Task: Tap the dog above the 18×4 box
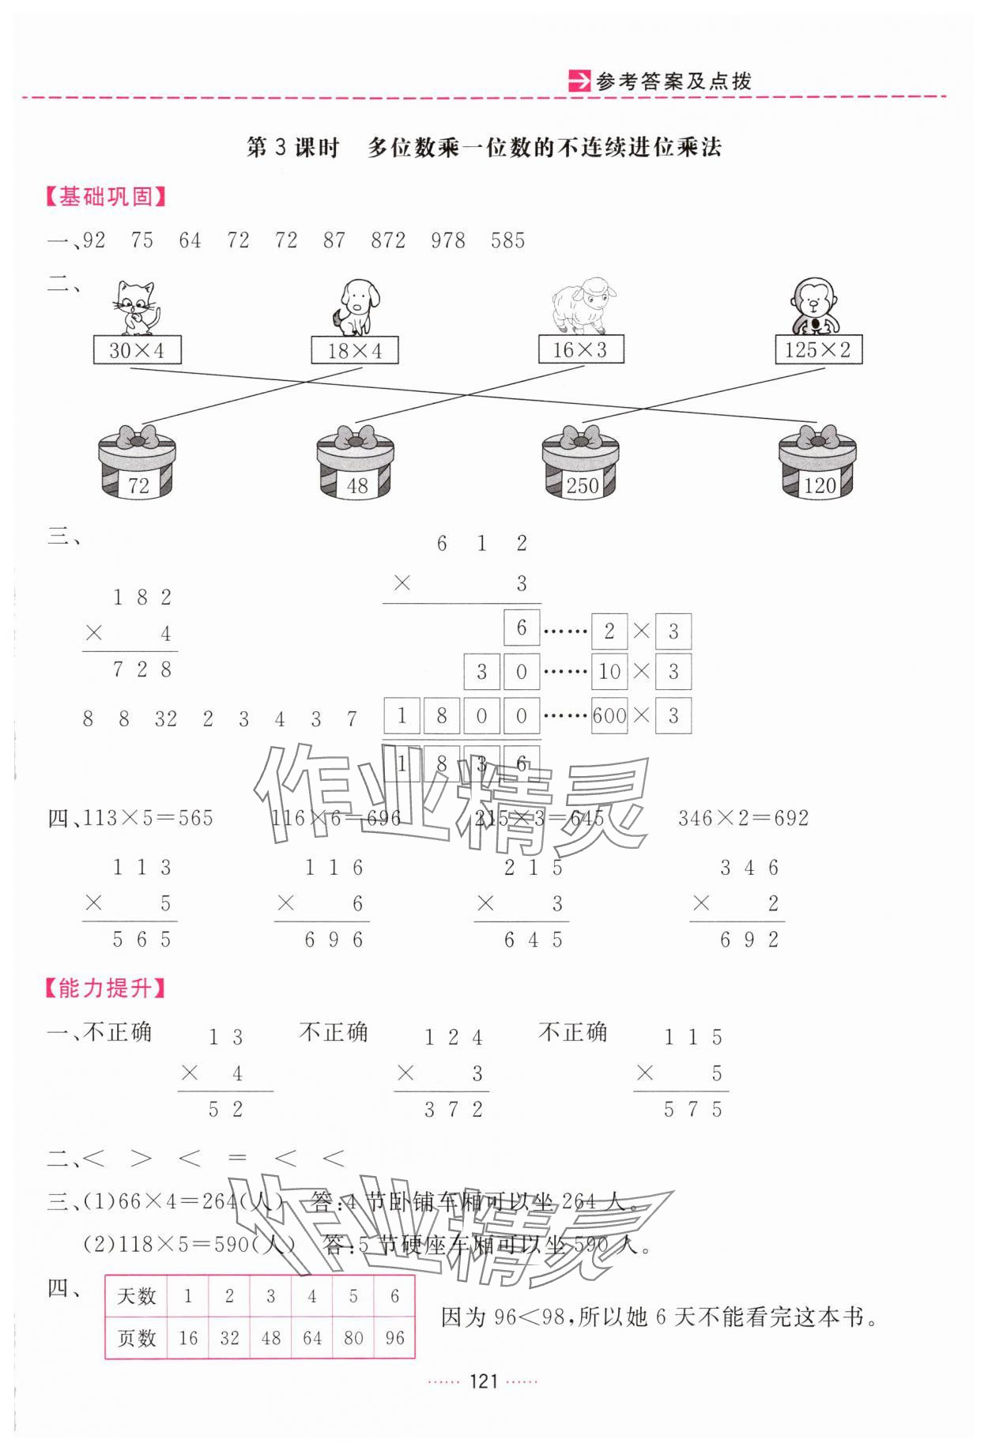[x=356, y=308]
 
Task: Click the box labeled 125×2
[x=818, y=350]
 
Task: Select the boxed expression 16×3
[x=581, y=350]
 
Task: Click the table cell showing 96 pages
[x=394, y=1338]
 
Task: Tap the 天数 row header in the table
[x=137, y=1296]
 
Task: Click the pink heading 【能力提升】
[x=106, y=989]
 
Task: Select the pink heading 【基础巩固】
[x=106, y=197]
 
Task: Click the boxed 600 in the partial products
[x=609, y=717]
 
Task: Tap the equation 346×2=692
[x=743, y=818]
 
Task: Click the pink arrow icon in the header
[x=579, y=81]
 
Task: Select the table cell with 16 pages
[x=188, y=1338]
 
